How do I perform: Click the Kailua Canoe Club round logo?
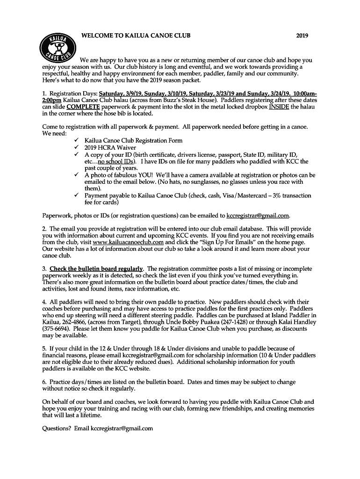[57, 47]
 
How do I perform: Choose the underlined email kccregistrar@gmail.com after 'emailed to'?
[258, 216]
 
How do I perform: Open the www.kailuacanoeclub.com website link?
[128, 242]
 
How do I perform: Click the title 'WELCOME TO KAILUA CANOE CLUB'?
[136, 36]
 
